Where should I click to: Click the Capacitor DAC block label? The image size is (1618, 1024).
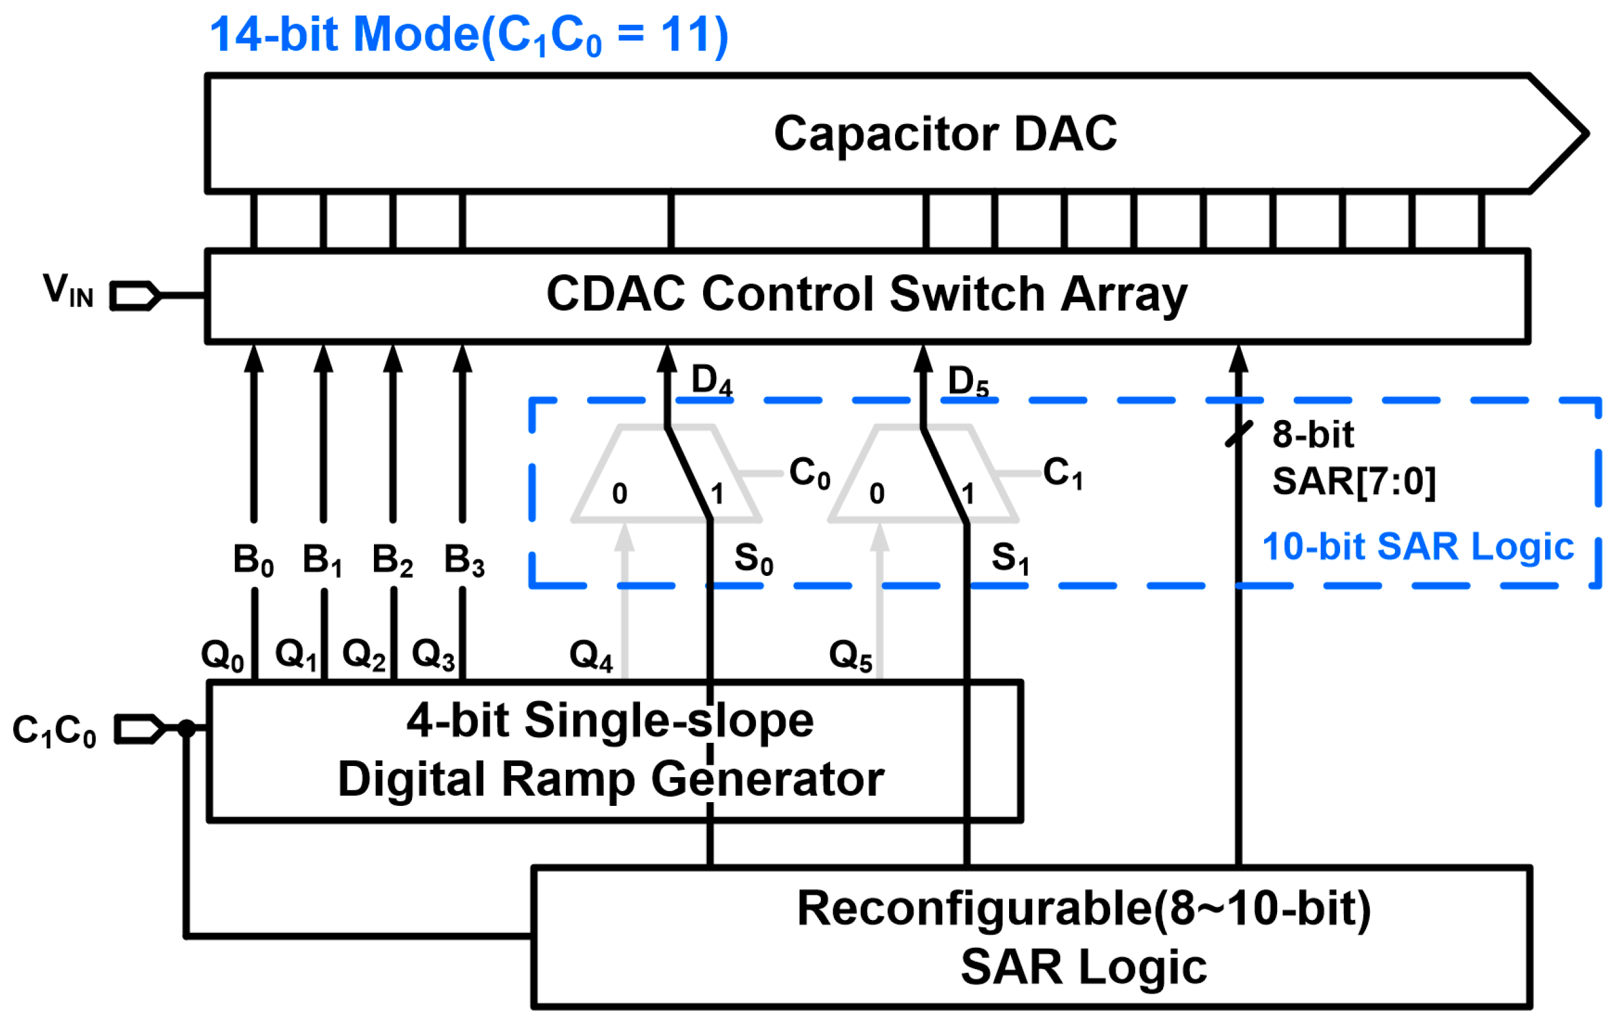[x=945, y=134]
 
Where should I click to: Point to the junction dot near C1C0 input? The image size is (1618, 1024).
[x=187, y=729]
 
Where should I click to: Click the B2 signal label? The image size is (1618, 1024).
[x=393, y=560]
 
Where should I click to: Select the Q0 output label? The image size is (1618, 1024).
[x=223, y=655]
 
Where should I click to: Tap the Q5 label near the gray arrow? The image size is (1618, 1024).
[x=850, y=655]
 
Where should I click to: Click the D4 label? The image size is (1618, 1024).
[x=712, y=381]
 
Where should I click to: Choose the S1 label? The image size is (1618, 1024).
[x=1010, y=559]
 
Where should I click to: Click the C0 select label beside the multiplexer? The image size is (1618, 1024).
[x=809, y=473]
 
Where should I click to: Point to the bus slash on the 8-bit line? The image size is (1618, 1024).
[x=1239, y=434]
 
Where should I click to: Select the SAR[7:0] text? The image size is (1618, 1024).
[x=1354, y=482]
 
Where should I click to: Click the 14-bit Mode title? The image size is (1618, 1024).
[x=469, y=35]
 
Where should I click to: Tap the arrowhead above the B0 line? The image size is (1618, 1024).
[x=254, y=360]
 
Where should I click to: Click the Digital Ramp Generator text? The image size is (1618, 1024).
[x=610, y=780]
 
